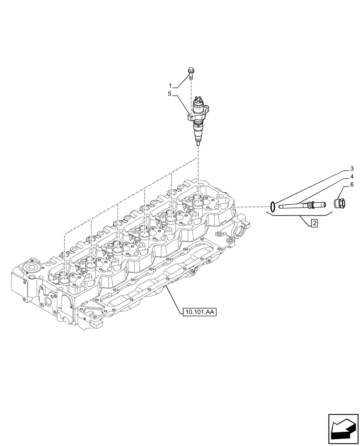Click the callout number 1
click(x=170, y=85)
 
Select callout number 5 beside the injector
click(x=170, y=94)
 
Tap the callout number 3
click(x=352, y=169)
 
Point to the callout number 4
click(x=352, y=176)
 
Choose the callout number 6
click(x=352, y=184)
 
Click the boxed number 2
click(x=315, y=223)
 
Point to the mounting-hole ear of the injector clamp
click(x=190, y=118)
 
